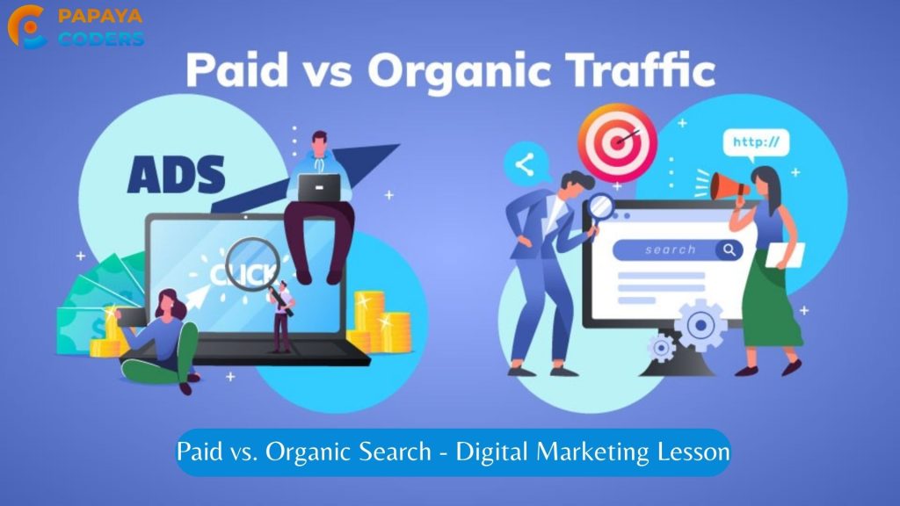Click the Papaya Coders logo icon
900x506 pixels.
(26, 26)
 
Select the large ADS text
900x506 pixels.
(176, 175)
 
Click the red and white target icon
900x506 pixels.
(617, 142)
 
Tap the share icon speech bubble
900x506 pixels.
(526, 164)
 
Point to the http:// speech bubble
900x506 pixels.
(756, 143)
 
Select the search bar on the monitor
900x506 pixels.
(678, 250)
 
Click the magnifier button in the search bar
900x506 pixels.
(729, 250)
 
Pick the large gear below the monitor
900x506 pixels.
(700, 325)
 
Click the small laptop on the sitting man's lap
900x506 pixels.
(318, 188)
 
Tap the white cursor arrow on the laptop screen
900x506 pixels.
(197, 295)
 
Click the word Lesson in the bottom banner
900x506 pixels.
(693, 452)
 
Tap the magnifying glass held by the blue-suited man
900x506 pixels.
(599, 207)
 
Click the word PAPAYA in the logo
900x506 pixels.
(100, 16)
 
